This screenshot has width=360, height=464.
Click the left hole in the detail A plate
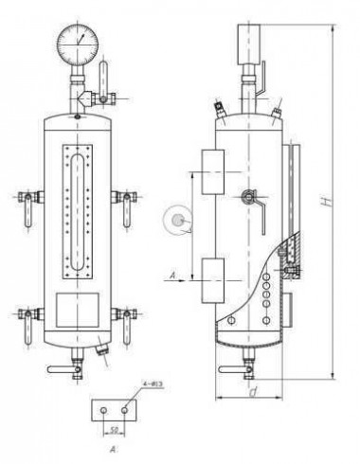(x=102, y=411)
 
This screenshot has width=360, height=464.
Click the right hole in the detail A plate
(x=123, y=411)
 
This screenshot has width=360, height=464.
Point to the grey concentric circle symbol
(x=175, y=220)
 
